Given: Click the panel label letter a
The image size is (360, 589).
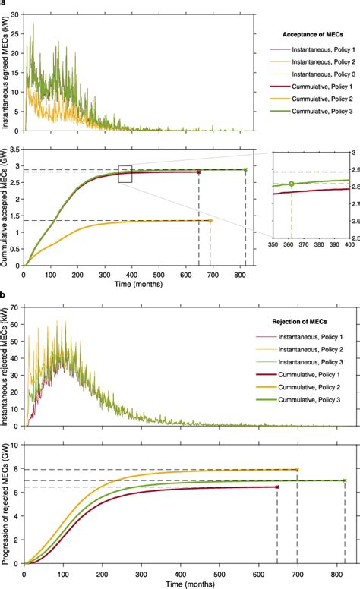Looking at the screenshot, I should coord(3,4).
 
